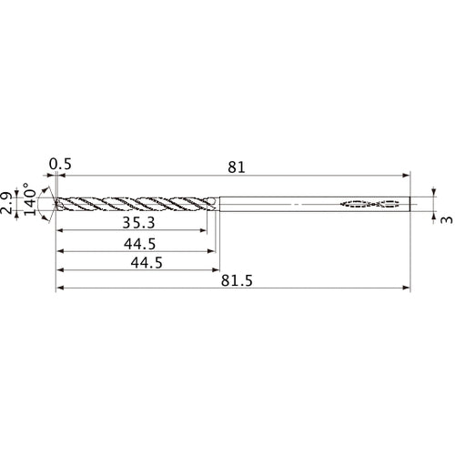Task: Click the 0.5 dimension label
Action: (x=61, y=165)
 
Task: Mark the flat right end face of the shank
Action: (x=410, y=204)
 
